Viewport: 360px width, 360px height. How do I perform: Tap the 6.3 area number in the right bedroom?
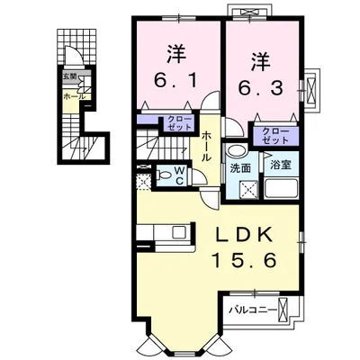[261, 87]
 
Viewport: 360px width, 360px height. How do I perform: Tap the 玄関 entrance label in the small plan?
[68, 76]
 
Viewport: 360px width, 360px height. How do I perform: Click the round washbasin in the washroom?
[233, 151]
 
